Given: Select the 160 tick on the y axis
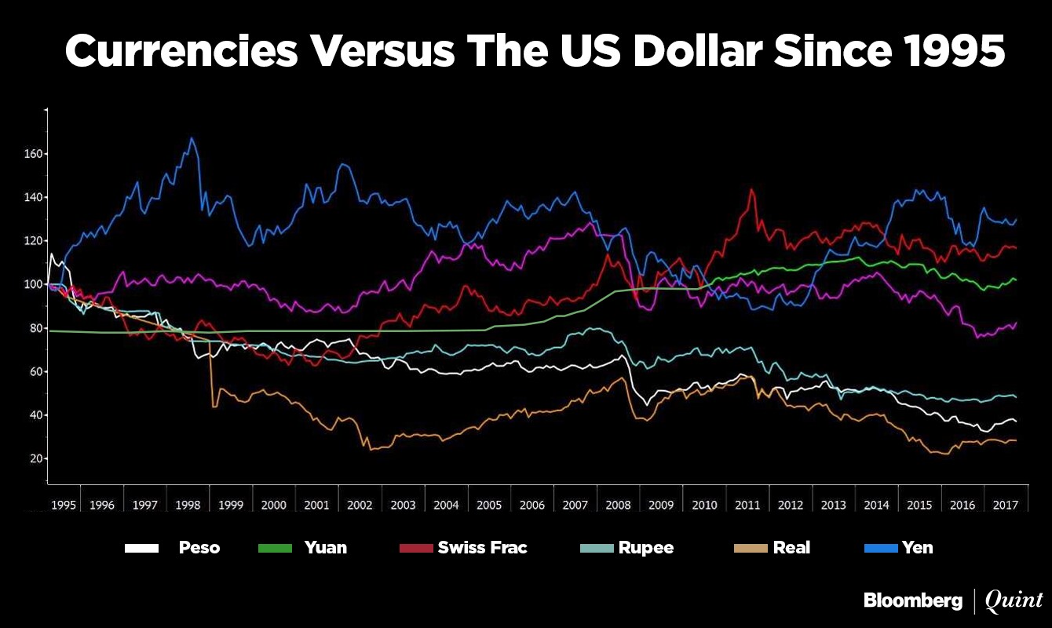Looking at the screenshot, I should [32, 154].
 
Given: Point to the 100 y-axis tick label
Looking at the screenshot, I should [32, 284].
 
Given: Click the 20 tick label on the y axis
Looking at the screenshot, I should [35, 458].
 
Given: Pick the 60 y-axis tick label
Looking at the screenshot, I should [35, 371].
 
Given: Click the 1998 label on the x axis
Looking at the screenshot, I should [188, 505].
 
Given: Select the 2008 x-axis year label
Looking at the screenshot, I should [619, 505].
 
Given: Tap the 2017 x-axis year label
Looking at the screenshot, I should [1006, 505].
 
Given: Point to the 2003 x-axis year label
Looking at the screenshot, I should [404, 505].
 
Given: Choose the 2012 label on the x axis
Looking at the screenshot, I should [791, 505].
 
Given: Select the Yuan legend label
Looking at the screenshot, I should [325, 548].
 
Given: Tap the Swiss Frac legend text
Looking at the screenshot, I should [482, 548].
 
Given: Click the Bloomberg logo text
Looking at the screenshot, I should [912, 601].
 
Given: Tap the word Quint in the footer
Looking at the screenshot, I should [1014, 601].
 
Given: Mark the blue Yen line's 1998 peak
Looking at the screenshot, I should [191, 138].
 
